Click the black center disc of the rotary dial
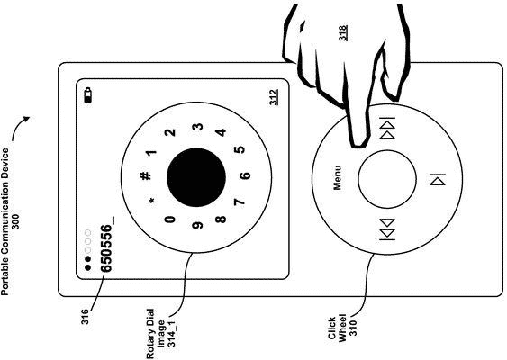pos(196,177)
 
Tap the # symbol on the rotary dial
pos(146,175)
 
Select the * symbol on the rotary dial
pos(152,201)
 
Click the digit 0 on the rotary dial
pos(170,220)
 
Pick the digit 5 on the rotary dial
pos(240,150)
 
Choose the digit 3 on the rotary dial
pos(199,127)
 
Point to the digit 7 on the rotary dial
pos(239,202)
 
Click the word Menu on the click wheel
pos(337,177)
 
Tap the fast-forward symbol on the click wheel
pos(387,128)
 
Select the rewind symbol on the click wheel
pos(387,229)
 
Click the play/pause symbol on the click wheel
pos(438,179)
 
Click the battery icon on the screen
pos(88,95)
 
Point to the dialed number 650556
pos(106,245)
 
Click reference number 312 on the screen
pos(274,97)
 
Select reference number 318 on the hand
pos(343,33)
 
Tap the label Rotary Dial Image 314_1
pos(160,334)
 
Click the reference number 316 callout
pos(86,317)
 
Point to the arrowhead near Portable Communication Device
pos(26,119)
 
